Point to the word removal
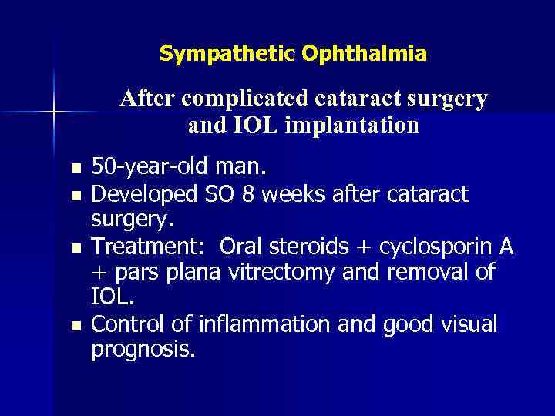443,272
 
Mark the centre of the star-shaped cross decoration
53,113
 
